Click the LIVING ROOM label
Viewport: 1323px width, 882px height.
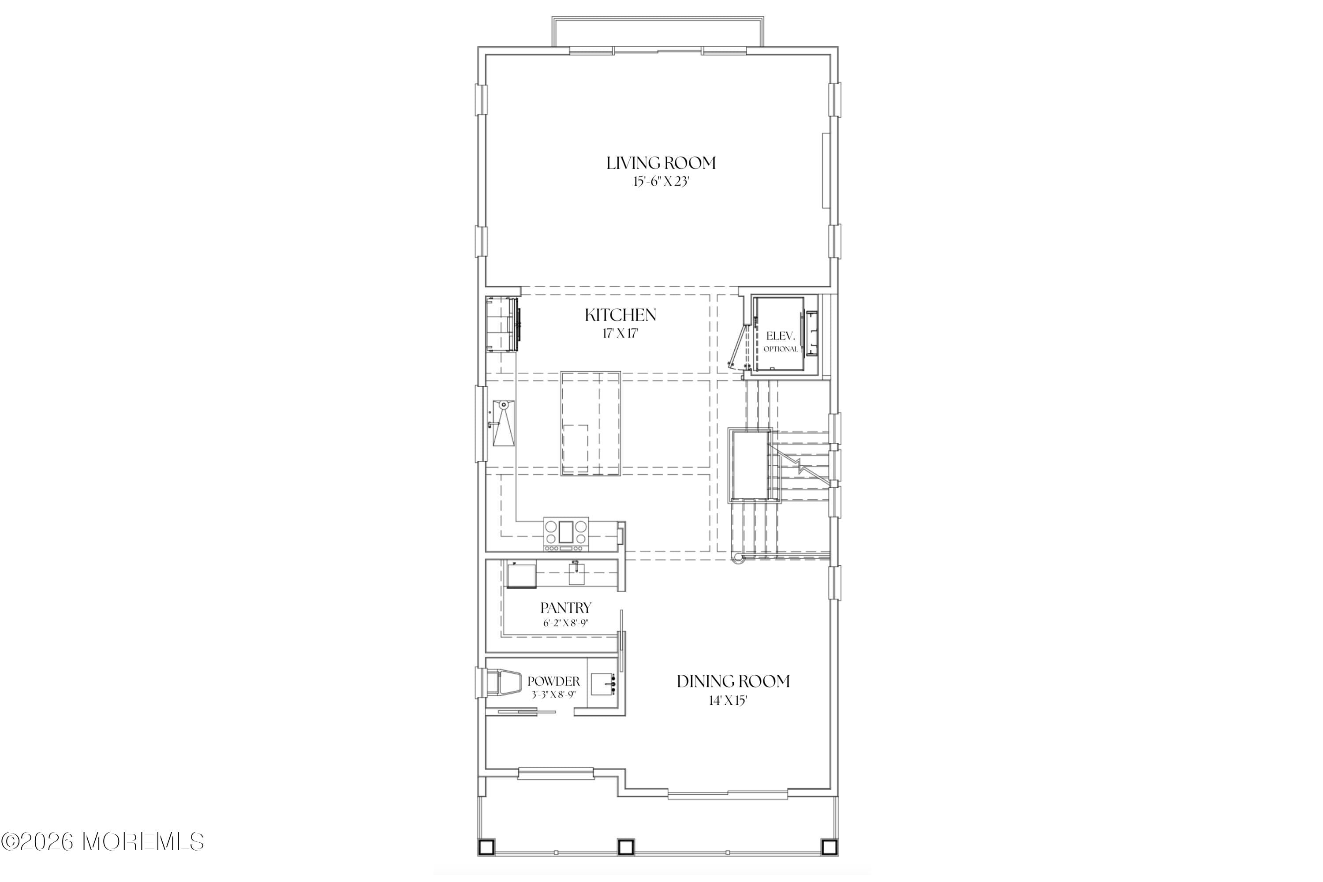click(x=661, y=163)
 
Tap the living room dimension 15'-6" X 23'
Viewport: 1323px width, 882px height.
click(x=661, y=182)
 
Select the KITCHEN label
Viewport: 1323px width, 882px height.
click(x=620, y=315)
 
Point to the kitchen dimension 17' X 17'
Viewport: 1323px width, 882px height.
click(x=620, y=333)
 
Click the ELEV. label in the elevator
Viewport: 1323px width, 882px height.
click(x=781, y=336)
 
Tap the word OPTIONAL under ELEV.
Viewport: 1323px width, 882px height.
click(x=781, y=349)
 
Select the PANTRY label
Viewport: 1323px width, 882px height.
click(x=566, y=608)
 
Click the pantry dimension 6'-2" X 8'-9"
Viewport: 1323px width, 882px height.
click(x=566, y=623)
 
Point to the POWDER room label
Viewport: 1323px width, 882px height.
click(x=553, y=682)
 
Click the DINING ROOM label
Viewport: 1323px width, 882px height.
click(x=733, y=682)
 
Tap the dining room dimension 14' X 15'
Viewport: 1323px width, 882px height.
click(x=728, y=701)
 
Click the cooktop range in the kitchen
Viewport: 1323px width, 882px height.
click(x=566, y=533)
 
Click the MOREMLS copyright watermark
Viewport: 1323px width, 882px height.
click(x=102, y=842)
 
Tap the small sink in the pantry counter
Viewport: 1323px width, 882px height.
click(x=577, y=574)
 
